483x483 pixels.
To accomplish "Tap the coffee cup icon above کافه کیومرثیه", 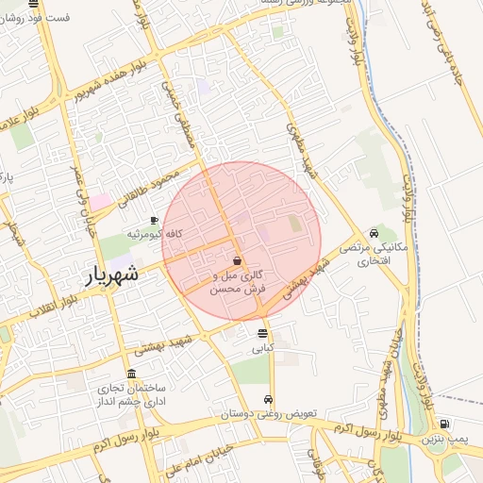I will pyautogui.click(x=155, y=220).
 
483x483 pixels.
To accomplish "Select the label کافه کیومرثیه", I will pyautogui.click(x=155, y=233).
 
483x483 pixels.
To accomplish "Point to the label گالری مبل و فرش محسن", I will pyautogui.click(x=237, y=282).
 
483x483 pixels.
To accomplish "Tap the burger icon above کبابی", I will pyautogui.click(x=262, y=333).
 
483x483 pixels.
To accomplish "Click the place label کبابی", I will pyautogui.click(x=262, y=347).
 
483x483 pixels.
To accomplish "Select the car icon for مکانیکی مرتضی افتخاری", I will pyautogui.click(x=375, y=234).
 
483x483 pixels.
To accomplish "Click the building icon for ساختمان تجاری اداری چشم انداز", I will pyautogui.click(x=130, y=374).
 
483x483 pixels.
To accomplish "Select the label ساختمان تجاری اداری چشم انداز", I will pyautogui.click(x=129, y=394).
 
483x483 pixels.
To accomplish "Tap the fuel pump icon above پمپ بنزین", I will pyautogui.click(x=443, y=424).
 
